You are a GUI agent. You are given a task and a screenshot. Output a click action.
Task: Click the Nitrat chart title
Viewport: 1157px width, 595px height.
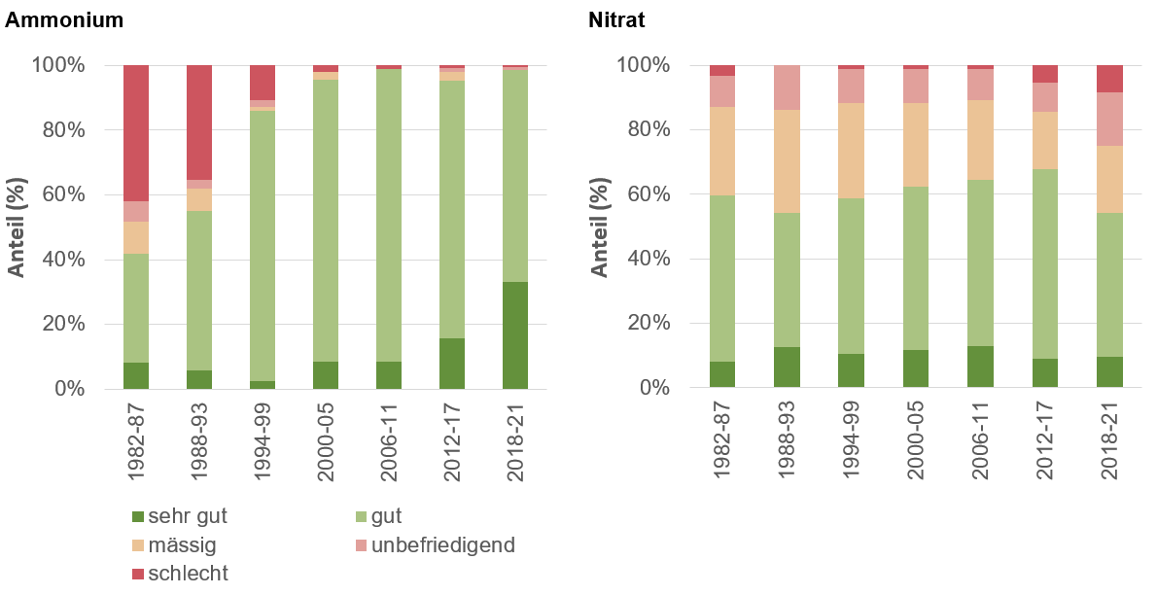coord(616,18)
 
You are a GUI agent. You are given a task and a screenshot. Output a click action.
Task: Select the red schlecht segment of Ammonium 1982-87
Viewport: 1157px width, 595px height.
coord(136,132)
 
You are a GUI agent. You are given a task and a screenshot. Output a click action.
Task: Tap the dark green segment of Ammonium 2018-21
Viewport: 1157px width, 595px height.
coord(515,335)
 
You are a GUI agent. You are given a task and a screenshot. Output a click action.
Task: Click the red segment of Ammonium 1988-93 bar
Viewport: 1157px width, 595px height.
coord(199,122)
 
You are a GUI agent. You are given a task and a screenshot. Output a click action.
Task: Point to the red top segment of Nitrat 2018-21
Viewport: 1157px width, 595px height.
coord(1109,79)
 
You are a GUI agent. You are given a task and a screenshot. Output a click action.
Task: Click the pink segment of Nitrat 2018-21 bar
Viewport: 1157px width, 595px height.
coord(1109,119)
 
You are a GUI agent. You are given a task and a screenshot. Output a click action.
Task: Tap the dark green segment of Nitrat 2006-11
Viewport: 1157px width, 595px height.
coord(981,367)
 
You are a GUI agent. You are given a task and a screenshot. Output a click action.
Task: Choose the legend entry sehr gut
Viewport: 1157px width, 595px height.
coord(185,516)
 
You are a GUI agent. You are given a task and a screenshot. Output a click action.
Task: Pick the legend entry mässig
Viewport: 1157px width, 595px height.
coord(179,545)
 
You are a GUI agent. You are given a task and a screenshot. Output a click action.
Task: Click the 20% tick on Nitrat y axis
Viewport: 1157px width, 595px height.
coord(647,324)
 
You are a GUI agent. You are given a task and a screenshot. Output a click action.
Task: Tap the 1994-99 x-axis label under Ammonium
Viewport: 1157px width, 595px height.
coord(263,442)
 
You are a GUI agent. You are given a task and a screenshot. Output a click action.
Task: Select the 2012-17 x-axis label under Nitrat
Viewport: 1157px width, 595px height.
coord(1045,442)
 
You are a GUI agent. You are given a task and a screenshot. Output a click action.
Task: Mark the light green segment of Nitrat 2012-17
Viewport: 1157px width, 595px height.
coord(1045,263)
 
